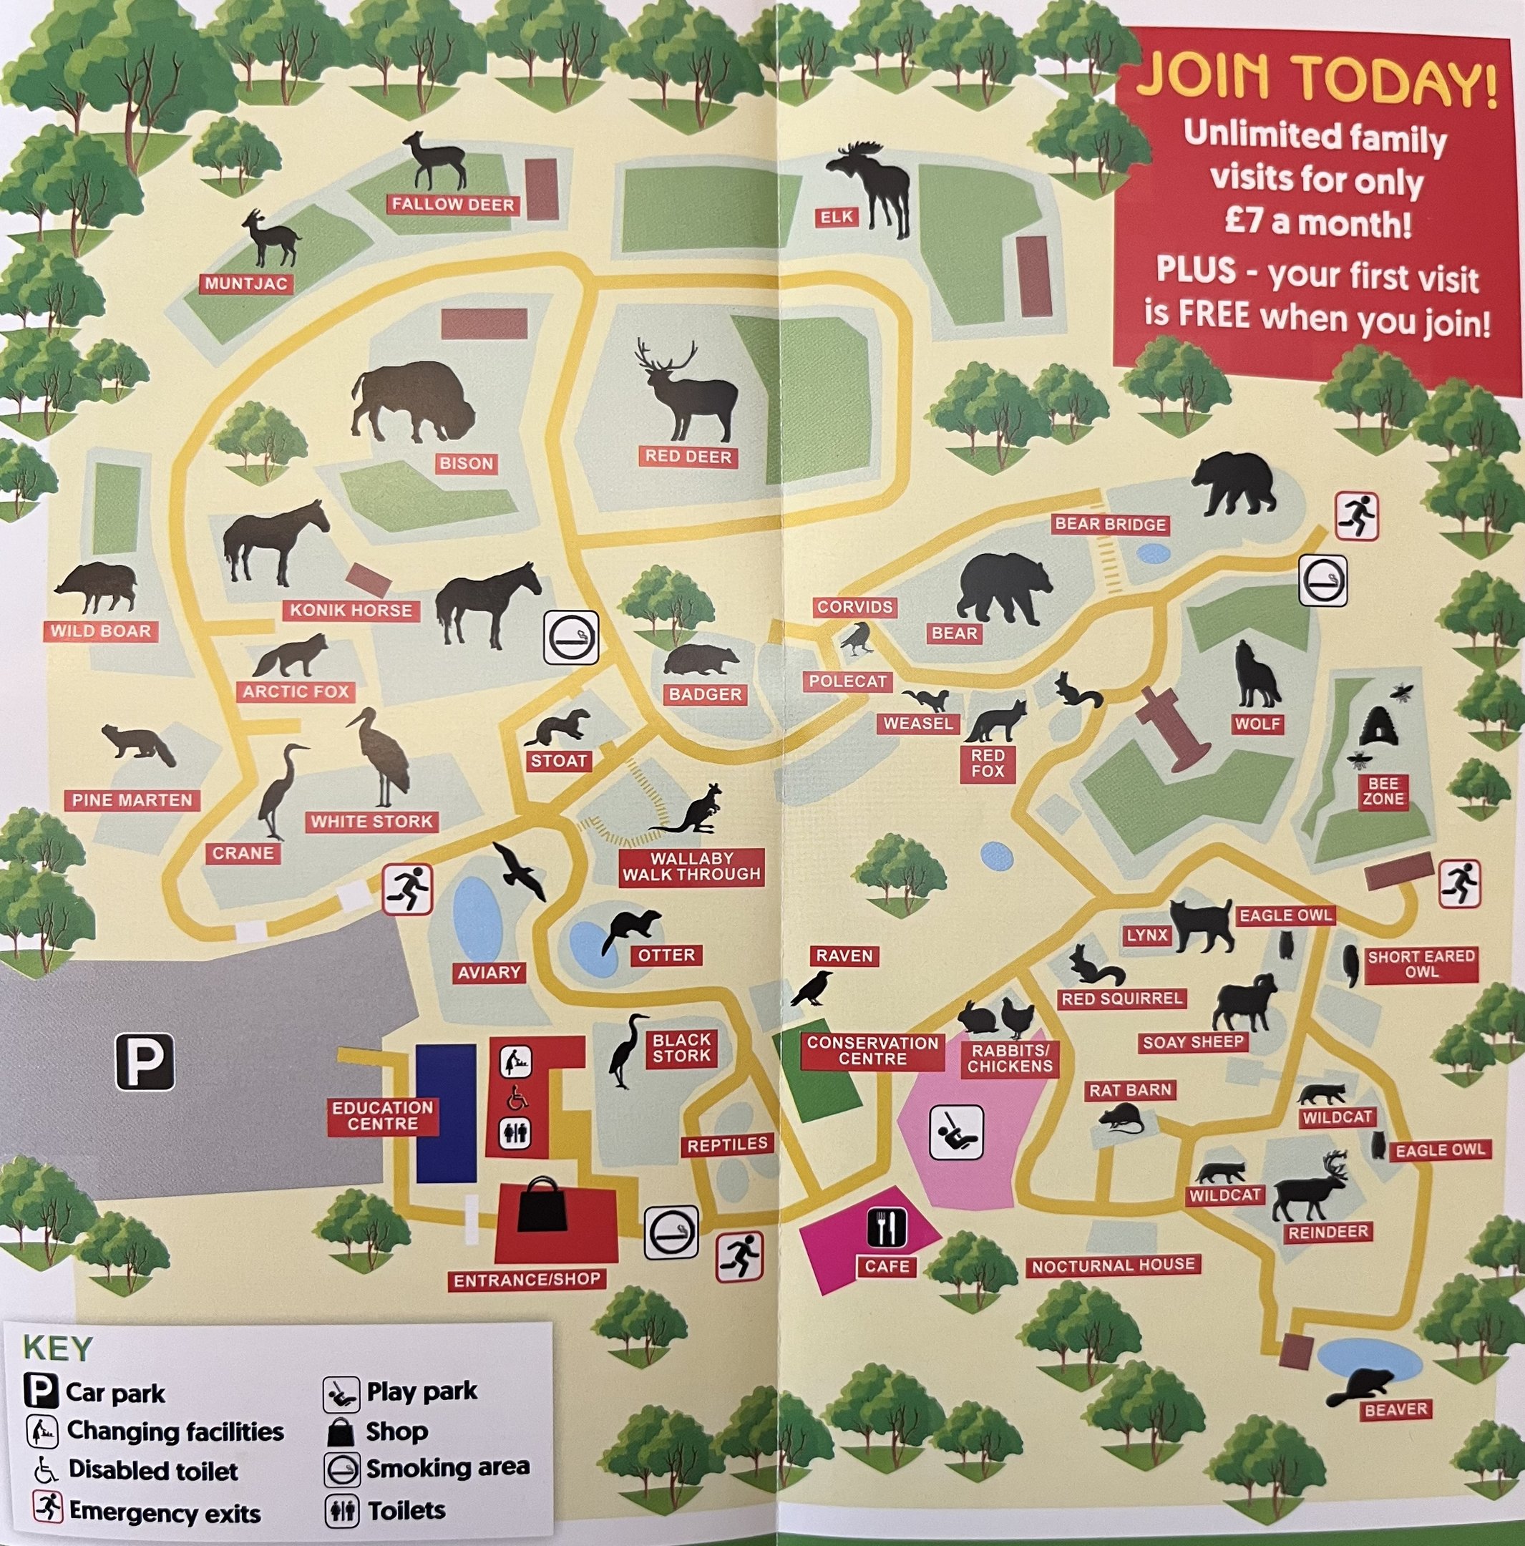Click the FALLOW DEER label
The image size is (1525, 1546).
[x=453, y=205]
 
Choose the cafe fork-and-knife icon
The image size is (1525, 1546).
[x=887, y=1227]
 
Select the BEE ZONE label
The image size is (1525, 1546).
[x=1383, y=791]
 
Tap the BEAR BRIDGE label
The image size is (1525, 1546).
[x=1110, y=525]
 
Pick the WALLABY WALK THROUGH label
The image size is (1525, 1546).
[x=691, y=867]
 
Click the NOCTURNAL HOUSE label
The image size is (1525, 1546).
[x=1113, y=1265]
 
